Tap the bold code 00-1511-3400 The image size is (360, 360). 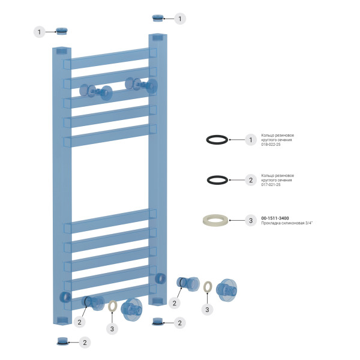(275, 218)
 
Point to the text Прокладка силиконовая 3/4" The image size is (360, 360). (287, 223)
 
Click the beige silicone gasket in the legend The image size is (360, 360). (217, 220)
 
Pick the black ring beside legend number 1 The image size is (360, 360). (217, 140)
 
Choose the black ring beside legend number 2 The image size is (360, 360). (217, 180)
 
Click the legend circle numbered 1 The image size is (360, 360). (251, 140)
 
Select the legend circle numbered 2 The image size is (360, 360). (251, 180)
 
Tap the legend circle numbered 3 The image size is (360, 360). (251, 220)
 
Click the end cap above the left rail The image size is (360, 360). (62, 30)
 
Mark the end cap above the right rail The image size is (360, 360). (158, 17)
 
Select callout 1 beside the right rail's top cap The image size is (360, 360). (180, 19)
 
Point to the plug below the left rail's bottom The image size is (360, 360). (62, 341)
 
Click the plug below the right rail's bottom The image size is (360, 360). (157, 322)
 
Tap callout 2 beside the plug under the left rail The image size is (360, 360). (85, 343)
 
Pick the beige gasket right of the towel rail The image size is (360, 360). (208, 287)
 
